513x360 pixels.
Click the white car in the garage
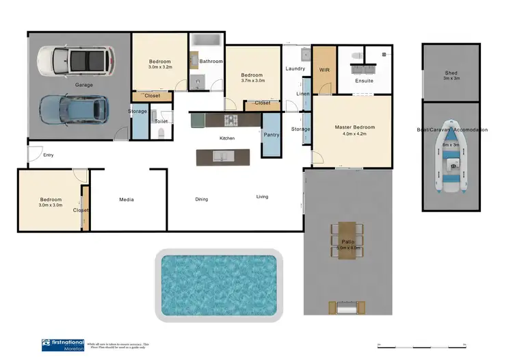point(72,60)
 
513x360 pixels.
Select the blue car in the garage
point(75,108)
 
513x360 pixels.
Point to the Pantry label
point(272,135)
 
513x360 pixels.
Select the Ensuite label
point(365,81)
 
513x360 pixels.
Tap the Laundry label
point(295,68)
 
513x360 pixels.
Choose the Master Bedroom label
point(354,127)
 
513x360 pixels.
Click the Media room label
point(126,200)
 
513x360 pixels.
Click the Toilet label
point(161,121)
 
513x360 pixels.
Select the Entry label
point(48,155)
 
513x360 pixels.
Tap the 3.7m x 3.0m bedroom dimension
point(252,81)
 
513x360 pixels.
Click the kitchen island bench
point(223,157)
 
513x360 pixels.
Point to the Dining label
point(201,199)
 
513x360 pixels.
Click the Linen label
point(302,93)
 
